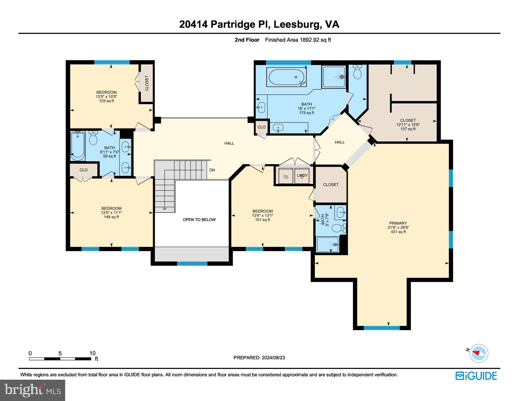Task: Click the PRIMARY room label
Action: (x=398, y=223)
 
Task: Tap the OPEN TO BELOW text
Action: (x=199, y=220)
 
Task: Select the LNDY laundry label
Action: (x=302, y=175)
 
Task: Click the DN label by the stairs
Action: (x=212, y=170)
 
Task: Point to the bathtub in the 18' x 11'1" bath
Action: (x=286, y=77)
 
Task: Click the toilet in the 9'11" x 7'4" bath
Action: (x=93, y=138)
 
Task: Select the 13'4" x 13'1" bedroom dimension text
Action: (x=262, y=215)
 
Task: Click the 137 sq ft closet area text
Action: (x=408, y=129)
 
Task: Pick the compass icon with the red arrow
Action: (x=479, y=353)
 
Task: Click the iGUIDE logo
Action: (x=476, y=376)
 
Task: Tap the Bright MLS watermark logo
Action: (x=33, y=390)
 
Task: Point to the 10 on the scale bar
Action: (x=92, y=353)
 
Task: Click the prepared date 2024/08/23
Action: (x=273, y=357)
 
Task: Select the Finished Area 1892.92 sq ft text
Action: (x=298, y=40)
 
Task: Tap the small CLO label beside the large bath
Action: (x=262, y=127)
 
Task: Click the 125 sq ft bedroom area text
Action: (x=106, y=101)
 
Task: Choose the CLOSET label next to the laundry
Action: (x=331, y=185)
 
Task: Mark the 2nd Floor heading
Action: (x=247, y=40)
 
